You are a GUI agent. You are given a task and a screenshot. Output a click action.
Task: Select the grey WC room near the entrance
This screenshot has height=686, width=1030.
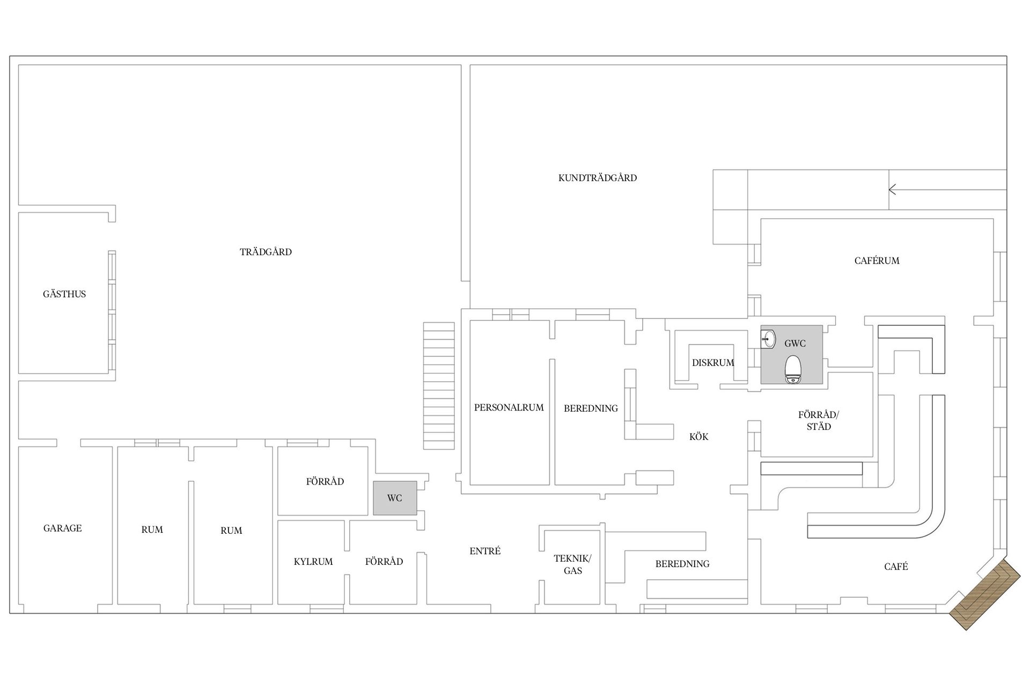point(395,498)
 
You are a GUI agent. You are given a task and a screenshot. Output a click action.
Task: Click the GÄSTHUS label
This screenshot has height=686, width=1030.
point(64,294)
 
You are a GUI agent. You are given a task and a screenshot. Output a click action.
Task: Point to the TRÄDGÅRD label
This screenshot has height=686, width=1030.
point(266,252)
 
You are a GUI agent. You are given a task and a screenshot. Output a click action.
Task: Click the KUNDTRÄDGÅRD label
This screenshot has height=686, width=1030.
point(598,178)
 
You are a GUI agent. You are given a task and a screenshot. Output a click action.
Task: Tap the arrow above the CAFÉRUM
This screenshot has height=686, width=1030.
point(947,190)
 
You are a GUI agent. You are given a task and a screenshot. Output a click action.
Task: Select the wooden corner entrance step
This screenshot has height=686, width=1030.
point(985,594)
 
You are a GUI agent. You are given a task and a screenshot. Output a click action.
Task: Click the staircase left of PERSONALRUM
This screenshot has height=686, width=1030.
point(439,385)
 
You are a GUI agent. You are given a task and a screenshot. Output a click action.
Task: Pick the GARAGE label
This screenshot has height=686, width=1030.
point(63,528)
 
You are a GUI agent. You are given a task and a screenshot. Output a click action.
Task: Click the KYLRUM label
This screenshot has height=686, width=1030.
point(313,562)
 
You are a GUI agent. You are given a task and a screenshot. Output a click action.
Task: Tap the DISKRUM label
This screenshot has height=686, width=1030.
point(713,363)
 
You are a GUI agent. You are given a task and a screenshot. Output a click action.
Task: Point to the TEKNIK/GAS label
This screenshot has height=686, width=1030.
point(573,565)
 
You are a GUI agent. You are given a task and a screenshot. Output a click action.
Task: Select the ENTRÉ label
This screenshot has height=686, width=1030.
point(485,551)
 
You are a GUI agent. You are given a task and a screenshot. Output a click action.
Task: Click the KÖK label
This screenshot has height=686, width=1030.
point(699,437)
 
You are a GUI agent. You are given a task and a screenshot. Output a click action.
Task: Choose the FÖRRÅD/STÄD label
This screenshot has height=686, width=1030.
point(819,421)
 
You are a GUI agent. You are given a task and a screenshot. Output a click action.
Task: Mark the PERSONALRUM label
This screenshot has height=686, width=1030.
point(509,407)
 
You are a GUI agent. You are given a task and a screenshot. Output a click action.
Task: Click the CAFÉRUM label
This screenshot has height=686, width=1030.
point(877,261)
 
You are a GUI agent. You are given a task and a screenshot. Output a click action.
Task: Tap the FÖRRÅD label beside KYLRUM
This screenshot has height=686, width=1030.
point(384,562)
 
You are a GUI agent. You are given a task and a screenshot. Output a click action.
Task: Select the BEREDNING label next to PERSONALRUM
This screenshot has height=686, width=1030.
point(591,408)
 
